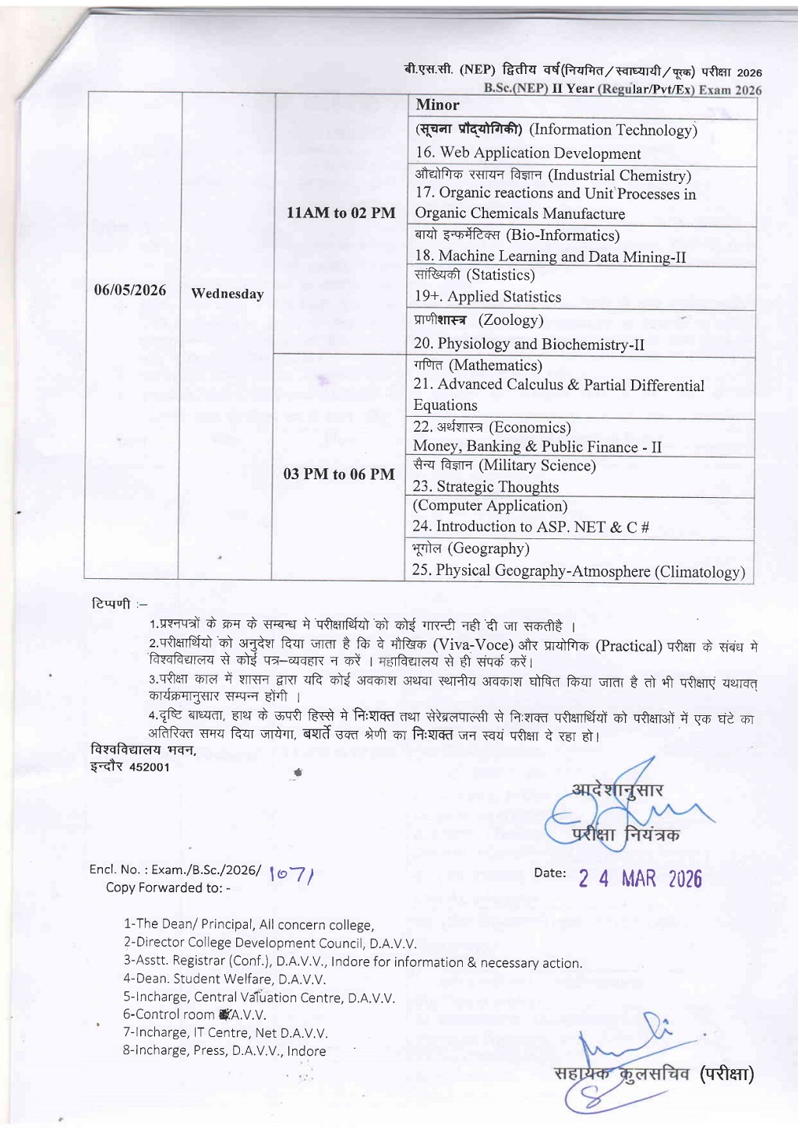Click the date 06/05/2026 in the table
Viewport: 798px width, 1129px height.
coord(130,291)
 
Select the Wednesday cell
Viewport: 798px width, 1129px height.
coord(227,294)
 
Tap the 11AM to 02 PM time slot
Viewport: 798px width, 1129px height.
coord(341,213)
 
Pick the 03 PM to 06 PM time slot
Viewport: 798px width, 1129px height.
coord(339,474)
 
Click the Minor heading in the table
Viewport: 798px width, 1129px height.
coord(437,105)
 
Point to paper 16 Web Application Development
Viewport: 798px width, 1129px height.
coord(528,153)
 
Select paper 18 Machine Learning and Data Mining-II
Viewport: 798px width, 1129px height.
coord(550,256)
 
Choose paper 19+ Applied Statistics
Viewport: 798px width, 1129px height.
coord(488,297)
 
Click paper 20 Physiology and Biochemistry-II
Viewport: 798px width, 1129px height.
coord(529,344)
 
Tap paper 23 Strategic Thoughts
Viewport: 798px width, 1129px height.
coord(486,487)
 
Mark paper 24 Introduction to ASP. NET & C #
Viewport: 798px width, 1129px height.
coord(531,527)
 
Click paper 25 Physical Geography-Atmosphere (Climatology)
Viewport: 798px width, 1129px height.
coord(578,571)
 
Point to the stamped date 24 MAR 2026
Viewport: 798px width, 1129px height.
coord(640,879)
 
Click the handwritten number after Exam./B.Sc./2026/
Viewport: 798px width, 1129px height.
coord(291,875)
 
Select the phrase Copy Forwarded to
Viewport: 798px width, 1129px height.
coord(168,887)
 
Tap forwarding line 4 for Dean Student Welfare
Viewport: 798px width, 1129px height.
coord(224,979)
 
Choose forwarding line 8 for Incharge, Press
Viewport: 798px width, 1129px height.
coord(224,1050)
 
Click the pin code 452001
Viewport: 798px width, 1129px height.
coord(149,767)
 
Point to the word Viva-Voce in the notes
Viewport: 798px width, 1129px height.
coord(473,645)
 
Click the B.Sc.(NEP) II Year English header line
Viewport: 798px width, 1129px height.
coord(623,89)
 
